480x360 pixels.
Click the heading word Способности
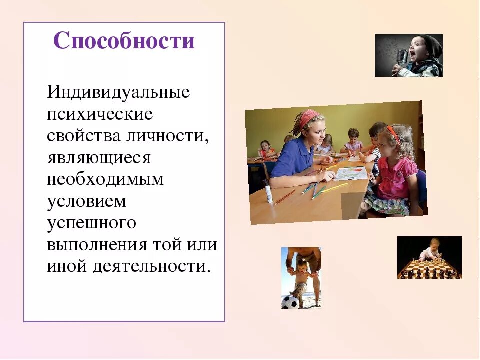point(124,41)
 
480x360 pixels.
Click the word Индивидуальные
point(118,93)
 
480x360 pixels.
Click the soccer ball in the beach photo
point(289,302)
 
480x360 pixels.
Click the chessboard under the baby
point(429,270)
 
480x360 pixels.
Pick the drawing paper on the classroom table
point(350,173)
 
